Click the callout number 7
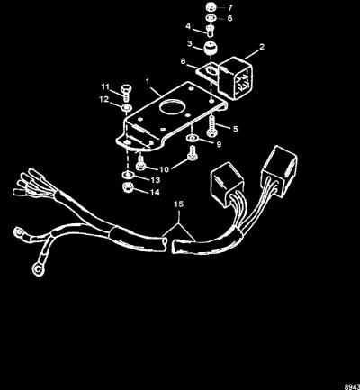(230, 7)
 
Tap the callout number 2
(262, 47)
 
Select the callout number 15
(178, 204)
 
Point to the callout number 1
(148, 81)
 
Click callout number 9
(219, 144)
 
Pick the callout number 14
(155, 192)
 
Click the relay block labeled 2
(236, 78)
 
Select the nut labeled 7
(211, 7)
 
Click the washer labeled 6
(211, 18)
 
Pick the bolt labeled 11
(126, 92)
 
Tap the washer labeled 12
(127, 107)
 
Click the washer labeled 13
(127, 175)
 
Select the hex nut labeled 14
(128, 187)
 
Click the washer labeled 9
(192, 138)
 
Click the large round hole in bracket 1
(171, 107)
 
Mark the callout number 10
(165, 169)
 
